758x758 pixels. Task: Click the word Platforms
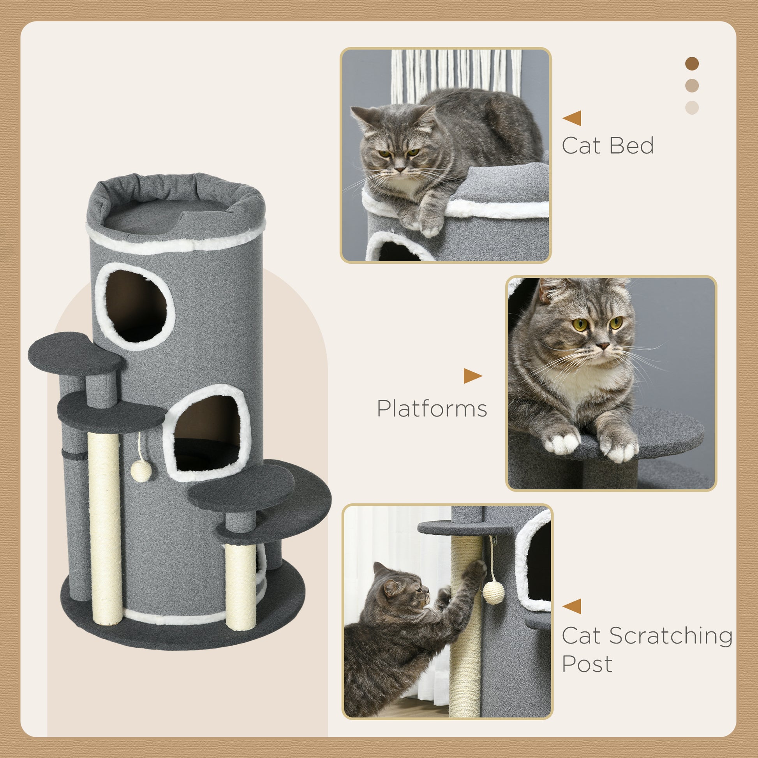[x=432, y=409]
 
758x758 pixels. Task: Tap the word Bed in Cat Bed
[x=631, y=146]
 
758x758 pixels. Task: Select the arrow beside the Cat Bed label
[x=572, y=118]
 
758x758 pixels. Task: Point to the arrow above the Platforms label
[x=472, y=376]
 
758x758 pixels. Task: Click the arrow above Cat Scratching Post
[x=572, y=606]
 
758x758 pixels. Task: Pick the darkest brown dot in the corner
[x=692, y=63]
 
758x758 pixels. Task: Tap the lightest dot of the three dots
[x=692, y=108]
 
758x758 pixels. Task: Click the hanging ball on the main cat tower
[x=141, y=472]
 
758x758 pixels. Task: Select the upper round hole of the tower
[x=136, y=307]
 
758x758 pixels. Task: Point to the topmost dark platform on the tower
[x=74, y=353]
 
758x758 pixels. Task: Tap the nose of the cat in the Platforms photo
[x=603, y=346]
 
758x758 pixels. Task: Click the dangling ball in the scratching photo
[x=493, y=592]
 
